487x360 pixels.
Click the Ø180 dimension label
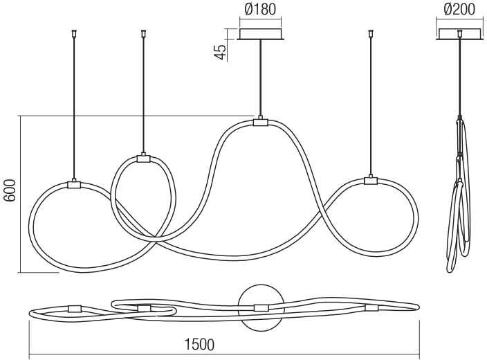[x=260, y=9]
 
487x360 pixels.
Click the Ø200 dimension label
[x=459, y=9]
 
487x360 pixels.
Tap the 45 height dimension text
[x=220, y=52]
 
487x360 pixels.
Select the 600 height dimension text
[x=10, y=190]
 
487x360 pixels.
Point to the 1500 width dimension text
[x=199, y=345]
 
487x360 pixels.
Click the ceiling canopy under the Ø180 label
[x=261, y=34]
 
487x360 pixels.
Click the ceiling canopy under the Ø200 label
[x=460, y=34]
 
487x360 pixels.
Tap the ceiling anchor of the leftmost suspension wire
[x=74, y=33]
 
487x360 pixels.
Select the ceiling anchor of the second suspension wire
[x=143, y=33]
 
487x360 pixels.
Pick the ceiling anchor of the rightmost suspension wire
[x=370, y=33]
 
